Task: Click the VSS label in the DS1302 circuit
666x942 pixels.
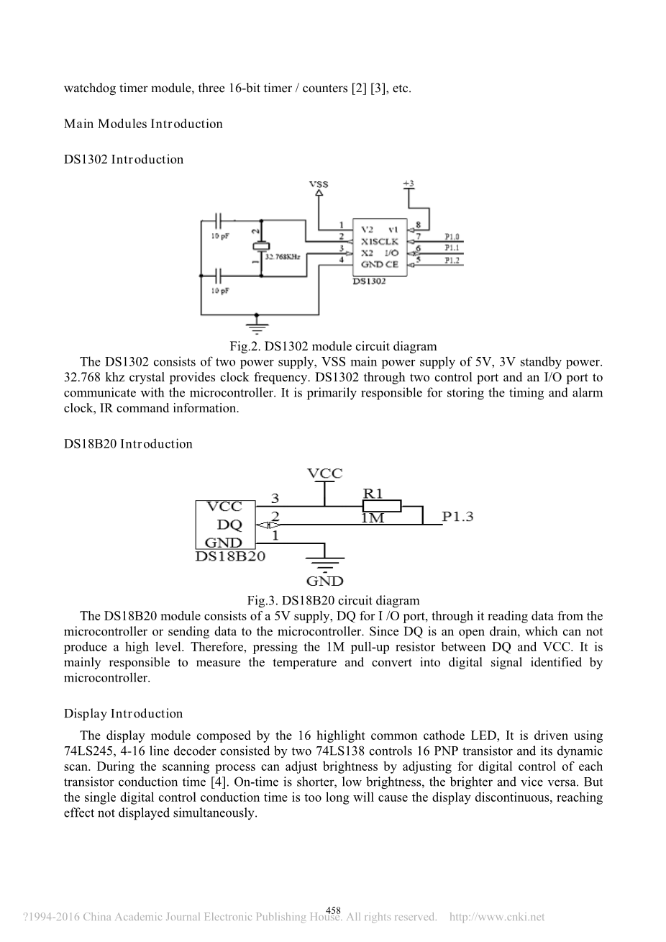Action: coord(318,184)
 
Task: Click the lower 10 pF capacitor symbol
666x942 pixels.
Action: coord(221,276)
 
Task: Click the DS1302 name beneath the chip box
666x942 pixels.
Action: coord(368,281)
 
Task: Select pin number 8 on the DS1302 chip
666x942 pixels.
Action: coord(418,224)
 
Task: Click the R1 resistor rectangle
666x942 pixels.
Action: coord(382,506)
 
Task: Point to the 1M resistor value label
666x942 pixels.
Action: coord(372,517)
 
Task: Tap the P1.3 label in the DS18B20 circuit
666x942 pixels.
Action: coord(457,517)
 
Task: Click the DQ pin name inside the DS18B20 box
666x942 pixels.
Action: coord(229,525)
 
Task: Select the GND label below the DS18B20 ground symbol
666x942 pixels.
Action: coord(324,581)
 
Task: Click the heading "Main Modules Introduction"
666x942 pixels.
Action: coord(143,124)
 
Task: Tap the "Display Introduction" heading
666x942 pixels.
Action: coord(123,714)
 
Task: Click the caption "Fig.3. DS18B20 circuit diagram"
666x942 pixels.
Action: coord(332,600)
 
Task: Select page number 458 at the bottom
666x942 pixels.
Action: coord(333,910)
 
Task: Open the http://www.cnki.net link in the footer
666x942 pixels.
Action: coord(496,917)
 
